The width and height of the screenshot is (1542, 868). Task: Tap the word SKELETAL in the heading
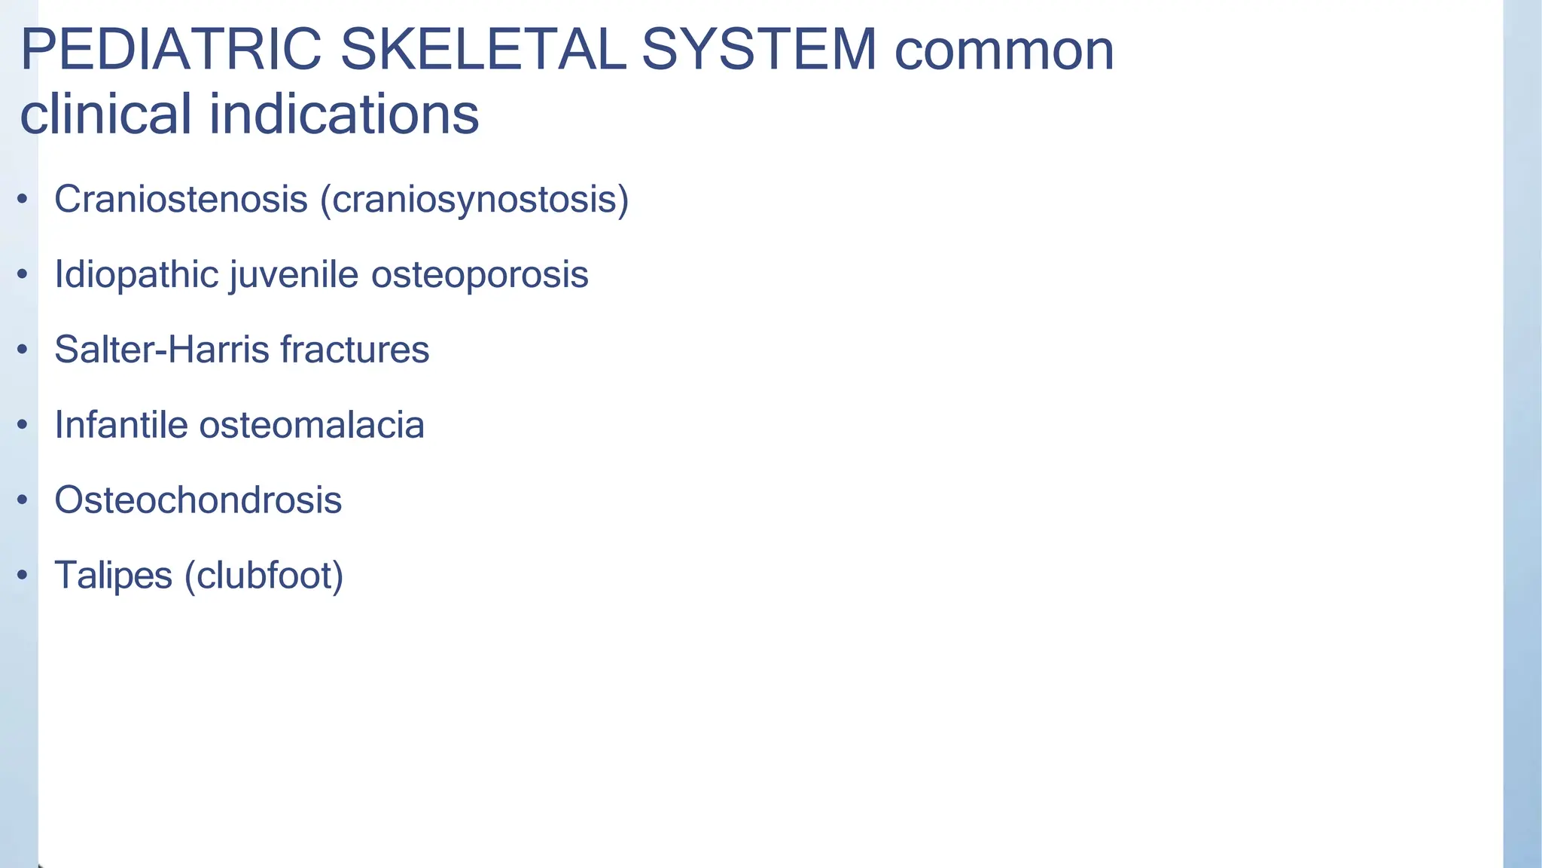(483, 50)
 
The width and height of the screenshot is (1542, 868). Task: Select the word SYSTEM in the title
(759, 50)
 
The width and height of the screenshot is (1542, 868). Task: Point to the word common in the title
(1004, 51)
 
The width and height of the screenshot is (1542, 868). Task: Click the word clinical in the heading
(105, 115)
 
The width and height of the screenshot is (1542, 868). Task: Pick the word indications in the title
(343, 115)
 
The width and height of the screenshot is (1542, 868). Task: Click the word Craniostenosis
(181, 200)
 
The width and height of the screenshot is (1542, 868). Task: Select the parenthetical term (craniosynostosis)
(474, 200)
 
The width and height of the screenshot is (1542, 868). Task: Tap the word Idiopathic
(136, 275)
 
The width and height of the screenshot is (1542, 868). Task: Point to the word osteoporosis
(480, 275)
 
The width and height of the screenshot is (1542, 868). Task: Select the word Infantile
(121, 425)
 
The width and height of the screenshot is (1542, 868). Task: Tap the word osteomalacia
(312, 425)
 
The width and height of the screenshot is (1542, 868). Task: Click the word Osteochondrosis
(198, 500)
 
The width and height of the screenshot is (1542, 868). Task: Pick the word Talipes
(114, 576)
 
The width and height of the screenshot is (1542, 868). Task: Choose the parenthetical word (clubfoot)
(264, 576)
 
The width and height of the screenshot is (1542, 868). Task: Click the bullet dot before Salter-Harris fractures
(23, 350)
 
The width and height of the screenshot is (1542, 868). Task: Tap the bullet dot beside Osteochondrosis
(23, 500)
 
